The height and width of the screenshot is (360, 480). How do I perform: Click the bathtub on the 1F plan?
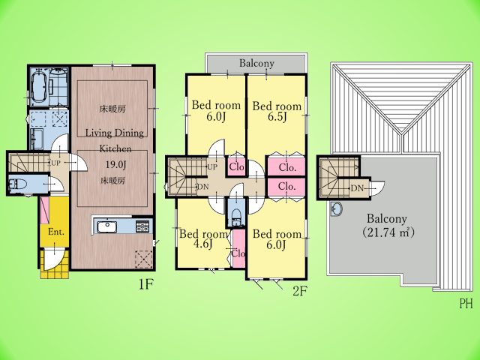(x=39, y=87)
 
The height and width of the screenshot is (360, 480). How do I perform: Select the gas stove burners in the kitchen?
(x=142, y=226)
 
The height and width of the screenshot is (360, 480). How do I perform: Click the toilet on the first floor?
(x=18, y=184)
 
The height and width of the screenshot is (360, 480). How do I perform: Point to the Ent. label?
(x=56, y=232)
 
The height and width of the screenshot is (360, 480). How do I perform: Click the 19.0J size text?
(x=115, y=165)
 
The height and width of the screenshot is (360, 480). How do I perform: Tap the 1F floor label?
(x=145, y=284)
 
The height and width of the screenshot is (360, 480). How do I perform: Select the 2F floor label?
(x=300, y=291)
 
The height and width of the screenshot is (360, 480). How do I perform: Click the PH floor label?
(x=466, y=303)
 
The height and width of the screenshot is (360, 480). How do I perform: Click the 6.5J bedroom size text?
(x=277, y=116)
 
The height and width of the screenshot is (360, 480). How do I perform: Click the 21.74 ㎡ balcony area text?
(x=388, y=232)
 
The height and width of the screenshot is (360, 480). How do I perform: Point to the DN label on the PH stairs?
(x=357, y=188)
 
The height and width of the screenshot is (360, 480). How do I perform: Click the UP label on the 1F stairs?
(x=55, y=163)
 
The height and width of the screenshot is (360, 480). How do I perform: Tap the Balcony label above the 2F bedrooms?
(x=256, y=63)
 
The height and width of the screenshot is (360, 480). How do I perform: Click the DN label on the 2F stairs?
(x=203, y=187)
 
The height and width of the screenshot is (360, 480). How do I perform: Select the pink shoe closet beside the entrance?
(x=45, y=210)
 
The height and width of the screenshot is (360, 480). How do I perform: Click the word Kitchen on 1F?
(x=115, y=148)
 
